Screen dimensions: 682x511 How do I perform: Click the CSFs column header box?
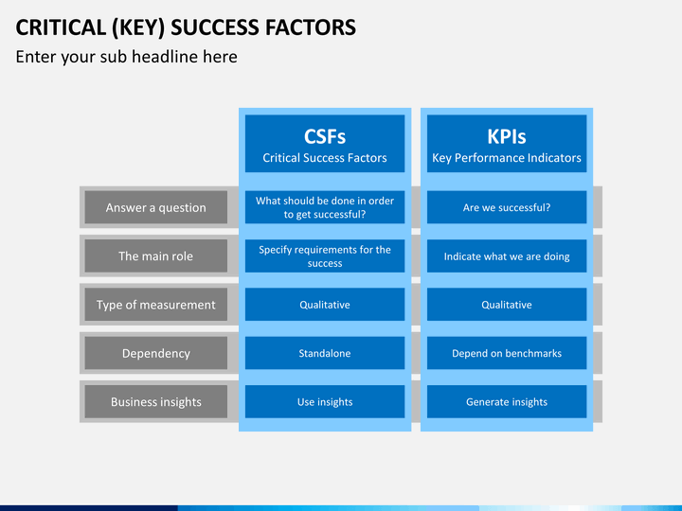pos(325,144)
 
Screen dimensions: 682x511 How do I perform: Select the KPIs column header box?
pos(507,144)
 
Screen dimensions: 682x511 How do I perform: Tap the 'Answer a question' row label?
pos(155,207)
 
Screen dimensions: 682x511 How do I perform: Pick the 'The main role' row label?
pos(155,255)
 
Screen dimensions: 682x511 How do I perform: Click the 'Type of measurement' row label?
pos(155,305)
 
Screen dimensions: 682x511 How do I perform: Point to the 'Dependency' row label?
pos(155,353)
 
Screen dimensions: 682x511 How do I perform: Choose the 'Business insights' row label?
pos(155,402)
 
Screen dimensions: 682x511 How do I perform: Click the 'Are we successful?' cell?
pos(507,207)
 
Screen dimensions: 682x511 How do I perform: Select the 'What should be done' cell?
pos(325,207)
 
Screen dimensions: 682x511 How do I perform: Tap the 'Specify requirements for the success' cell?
pos(325,255)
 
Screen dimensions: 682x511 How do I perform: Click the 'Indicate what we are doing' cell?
pos(507,255)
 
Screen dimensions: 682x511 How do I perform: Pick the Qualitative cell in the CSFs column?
pos(325,305)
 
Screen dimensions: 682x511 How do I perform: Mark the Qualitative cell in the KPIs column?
pos(507,305)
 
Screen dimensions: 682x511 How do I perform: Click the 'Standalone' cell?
pos(325,353)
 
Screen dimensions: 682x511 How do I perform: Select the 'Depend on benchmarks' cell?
pos(507,353)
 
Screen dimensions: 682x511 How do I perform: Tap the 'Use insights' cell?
pos(325,402)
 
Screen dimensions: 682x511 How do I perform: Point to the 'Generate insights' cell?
pos(507,402)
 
